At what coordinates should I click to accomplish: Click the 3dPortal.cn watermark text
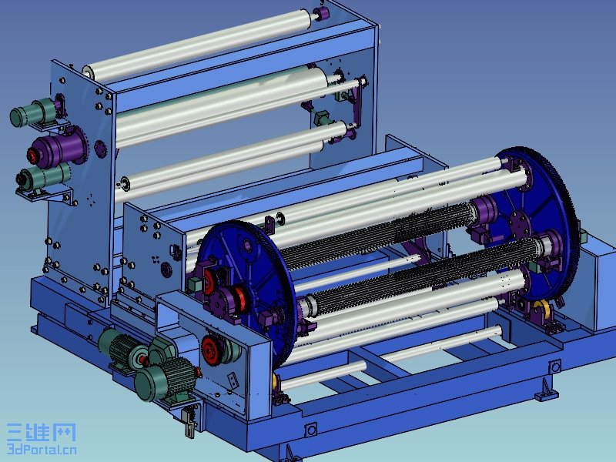42,449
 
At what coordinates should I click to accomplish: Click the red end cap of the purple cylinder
32,156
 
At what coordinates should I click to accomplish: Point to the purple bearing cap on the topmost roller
322,13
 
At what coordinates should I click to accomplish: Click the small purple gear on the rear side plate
101,149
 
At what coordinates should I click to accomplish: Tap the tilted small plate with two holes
233,380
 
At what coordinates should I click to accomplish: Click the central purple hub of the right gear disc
519,224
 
